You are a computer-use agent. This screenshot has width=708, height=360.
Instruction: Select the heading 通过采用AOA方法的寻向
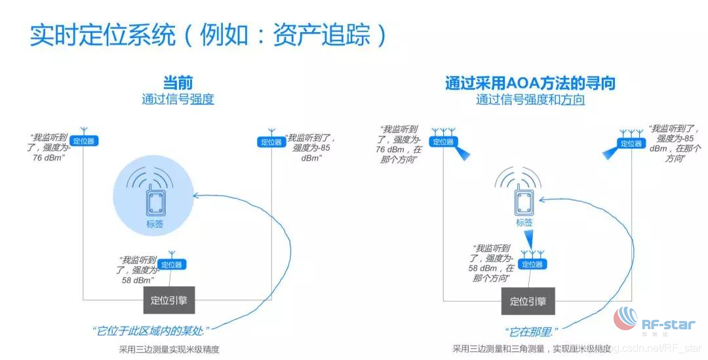click(x=530, y=83)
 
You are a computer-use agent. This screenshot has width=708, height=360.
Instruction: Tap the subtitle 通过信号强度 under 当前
click(x=178, y=100)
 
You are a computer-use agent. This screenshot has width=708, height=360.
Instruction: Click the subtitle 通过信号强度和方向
click(x=530, y=100)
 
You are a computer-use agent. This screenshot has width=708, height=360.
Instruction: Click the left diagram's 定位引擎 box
click(x=169, y=301)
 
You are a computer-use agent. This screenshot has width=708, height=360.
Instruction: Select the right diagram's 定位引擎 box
click(x=528, y=302)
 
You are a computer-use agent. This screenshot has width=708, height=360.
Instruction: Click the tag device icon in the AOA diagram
click(x=524, y=202)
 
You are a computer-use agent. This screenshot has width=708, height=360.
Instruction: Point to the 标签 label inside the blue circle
click(x=155, y=224)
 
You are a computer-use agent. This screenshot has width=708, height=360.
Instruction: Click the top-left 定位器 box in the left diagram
click(x=84, y=141)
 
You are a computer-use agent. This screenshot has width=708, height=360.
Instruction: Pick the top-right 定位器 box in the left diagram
click(x=271, y=142)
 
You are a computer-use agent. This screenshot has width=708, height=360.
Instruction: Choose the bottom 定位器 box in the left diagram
click(x=172, y=264)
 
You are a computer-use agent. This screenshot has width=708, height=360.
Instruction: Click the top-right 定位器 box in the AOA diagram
click(x=631, y=142)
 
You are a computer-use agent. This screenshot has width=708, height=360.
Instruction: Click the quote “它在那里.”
click(x=530, y=332)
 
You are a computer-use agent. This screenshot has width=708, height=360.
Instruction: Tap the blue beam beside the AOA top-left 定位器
click(x=464, y=153)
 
